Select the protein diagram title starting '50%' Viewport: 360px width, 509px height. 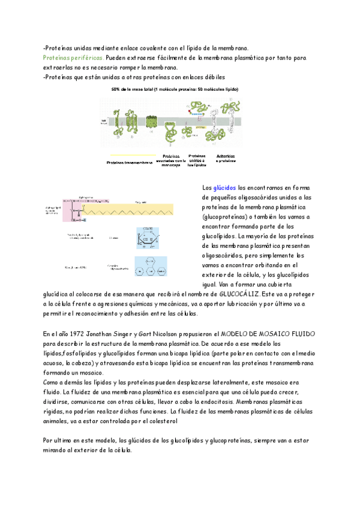pos(175,89)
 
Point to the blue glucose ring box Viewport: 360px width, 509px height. pos(147,237)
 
